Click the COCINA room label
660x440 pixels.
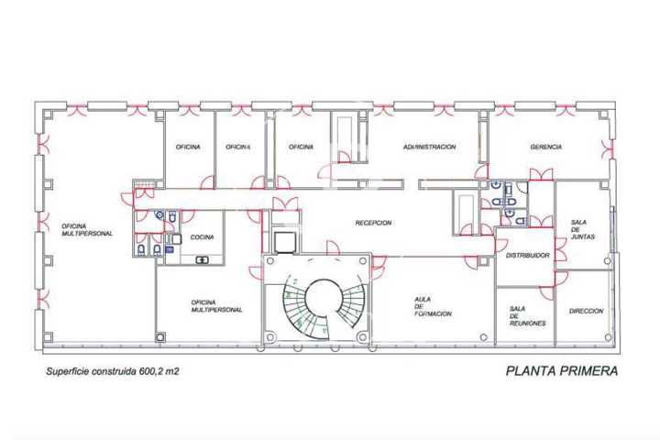tap(202, 237)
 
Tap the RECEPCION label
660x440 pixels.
tap(373, 223)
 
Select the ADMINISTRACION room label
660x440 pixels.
tap(429, 147)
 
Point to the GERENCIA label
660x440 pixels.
tap(546, 147)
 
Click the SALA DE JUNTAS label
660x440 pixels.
tap(583, 229)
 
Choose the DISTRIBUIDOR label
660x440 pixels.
tap(527, 256)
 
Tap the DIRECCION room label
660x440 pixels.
tap(586, 311)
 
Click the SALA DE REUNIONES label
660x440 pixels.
tap(527, 316)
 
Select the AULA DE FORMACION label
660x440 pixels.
tap(433, 306)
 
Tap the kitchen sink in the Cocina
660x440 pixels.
tap(202, 260)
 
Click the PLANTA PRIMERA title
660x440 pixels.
tap(562, 371)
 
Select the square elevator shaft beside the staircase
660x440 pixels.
tap(285, 242)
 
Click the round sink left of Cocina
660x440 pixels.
tap(159, 215)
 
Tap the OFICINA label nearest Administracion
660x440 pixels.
tap(301, 147)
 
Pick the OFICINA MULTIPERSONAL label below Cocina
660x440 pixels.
tap(216, 306)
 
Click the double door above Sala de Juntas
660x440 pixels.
tap(541, 174)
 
